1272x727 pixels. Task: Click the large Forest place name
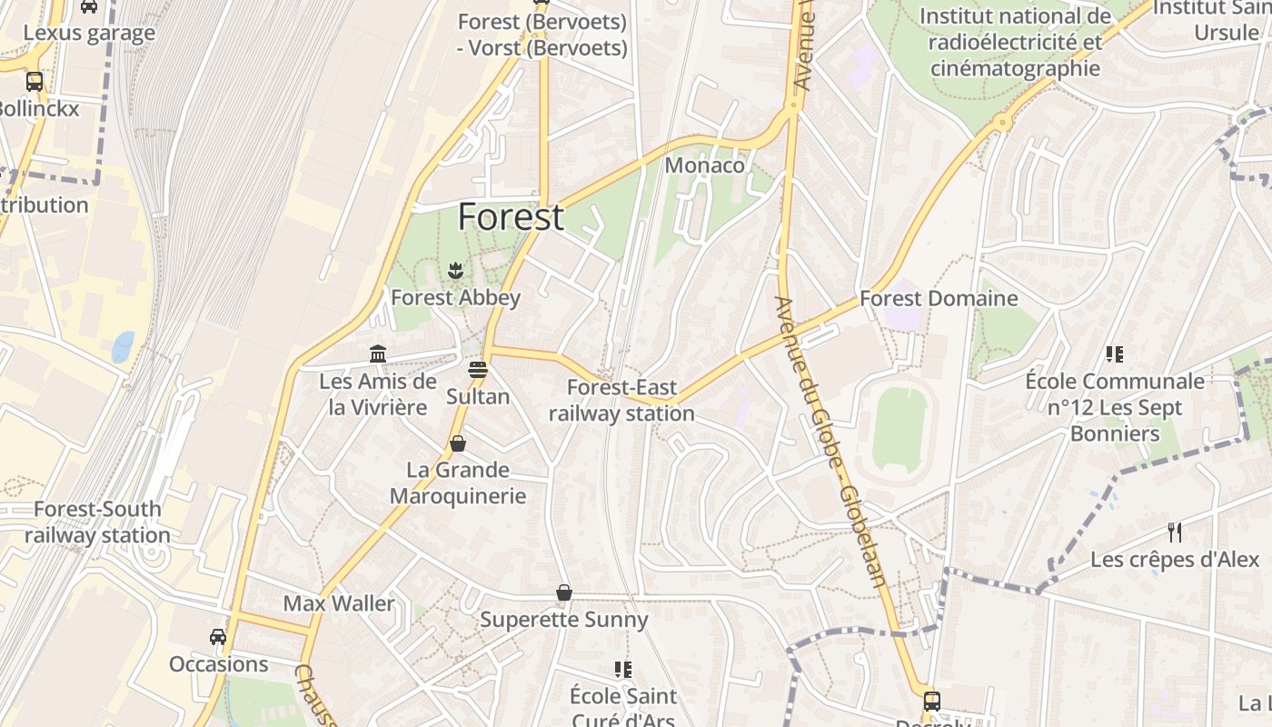click(511, 217)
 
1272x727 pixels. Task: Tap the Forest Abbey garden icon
click(455, 269)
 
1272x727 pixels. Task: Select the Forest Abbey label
click(455, 297)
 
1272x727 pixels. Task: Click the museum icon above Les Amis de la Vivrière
click(378, 353)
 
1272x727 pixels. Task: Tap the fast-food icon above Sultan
click(478, 370)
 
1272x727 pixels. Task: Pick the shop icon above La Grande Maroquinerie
click(458, 443)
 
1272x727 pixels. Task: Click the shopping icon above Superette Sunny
click(564, 593)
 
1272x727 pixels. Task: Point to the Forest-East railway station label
click(621, 401)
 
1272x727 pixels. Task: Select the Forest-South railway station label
click(97, 522)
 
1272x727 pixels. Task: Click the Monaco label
click(704, 165)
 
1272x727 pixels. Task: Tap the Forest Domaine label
click(939, 298)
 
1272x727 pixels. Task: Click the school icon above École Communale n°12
click(1115, 354)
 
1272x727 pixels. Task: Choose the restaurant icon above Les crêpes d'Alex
click(1175, 532)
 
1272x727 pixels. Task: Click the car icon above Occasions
click(218, 636)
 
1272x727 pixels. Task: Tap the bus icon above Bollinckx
click(35, 82)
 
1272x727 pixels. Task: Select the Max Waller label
click(339, 603)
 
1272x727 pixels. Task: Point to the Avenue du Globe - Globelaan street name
click(831, 441)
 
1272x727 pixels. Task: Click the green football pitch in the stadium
click(899, 430)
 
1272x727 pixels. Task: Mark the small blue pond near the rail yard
click(123, 345)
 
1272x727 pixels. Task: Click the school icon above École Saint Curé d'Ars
click(623, 670)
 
